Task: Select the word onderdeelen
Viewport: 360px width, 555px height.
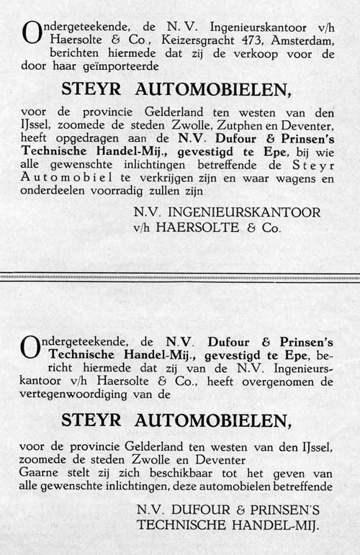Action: [x=54, y=192]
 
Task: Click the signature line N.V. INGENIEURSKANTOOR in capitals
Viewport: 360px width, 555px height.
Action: [x=225, y=213]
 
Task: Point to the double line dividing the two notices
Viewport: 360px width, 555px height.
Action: [x=180, y=276]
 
